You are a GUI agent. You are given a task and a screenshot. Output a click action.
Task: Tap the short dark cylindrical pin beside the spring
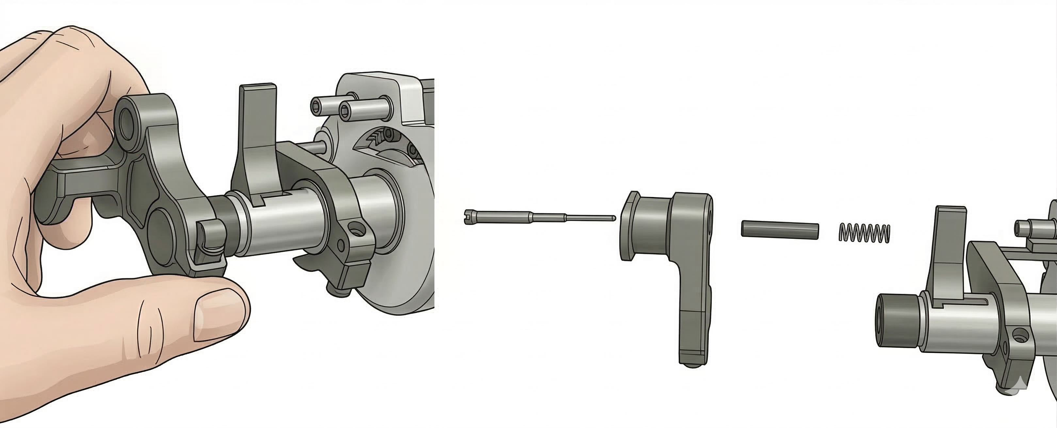(x=780, y=229)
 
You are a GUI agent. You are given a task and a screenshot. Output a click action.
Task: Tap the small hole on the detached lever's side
(x=710, y=214)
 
